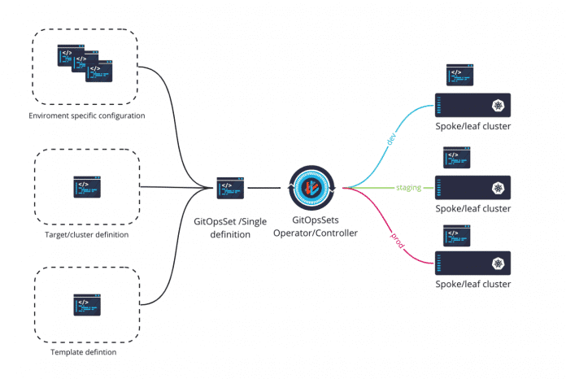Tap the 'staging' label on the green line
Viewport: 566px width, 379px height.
408,188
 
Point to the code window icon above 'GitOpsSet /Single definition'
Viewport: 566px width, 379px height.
231,188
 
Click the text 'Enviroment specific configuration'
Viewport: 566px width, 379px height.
85,115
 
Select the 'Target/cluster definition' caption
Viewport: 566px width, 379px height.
87,235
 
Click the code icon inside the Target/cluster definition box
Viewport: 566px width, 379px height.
87,188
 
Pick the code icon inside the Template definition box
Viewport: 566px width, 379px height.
87,306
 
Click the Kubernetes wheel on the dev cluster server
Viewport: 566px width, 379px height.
496,105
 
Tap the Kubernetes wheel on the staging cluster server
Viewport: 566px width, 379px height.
496,188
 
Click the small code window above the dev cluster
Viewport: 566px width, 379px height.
459,76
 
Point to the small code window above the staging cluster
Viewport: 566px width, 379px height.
456,158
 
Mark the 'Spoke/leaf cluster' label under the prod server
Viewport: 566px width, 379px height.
472,285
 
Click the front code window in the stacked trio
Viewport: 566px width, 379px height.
99,71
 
